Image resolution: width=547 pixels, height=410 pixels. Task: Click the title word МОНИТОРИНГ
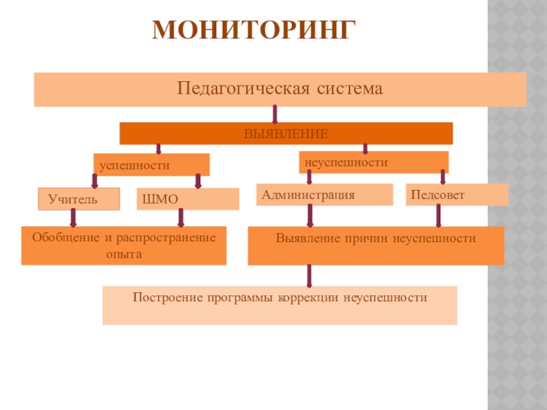[254, 31]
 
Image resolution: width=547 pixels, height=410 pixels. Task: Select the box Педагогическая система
[280, 90]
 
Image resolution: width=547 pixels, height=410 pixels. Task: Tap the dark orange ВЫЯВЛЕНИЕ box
[286, 133]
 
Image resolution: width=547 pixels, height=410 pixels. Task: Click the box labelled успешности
[151, 165]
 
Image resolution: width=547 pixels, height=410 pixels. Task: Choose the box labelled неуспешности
[373, 163]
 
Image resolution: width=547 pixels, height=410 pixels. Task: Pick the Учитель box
[79, 199]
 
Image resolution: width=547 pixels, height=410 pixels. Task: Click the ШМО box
[188, 199]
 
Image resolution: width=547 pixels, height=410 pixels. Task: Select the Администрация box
[325, 195]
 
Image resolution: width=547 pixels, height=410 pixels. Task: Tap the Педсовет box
[457, 195]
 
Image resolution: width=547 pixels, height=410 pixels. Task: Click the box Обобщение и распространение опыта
[124, 245]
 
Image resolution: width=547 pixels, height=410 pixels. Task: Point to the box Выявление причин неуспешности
[375, 245]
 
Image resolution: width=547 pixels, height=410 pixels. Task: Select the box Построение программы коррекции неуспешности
[280, 305]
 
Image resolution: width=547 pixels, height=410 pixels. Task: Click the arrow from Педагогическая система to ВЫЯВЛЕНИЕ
[275, 113]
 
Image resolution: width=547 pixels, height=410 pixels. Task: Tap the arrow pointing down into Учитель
[94, 180]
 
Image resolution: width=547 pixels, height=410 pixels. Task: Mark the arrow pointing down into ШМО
[198, 180]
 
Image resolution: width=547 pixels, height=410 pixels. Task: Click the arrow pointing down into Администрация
[310, 177]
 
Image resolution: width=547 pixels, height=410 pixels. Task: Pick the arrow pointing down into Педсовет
[443, 177]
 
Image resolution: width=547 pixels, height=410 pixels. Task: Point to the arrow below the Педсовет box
[438, 216]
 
